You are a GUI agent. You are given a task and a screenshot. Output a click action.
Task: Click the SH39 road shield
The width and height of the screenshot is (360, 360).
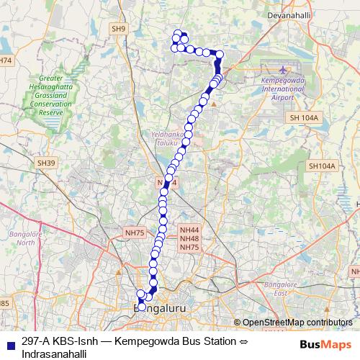[x=47, y=163]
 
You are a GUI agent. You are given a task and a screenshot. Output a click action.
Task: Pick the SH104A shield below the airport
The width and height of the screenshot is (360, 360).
[x=322, y=166]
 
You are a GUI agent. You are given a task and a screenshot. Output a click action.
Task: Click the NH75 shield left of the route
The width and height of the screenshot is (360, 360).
[x=135, y=233]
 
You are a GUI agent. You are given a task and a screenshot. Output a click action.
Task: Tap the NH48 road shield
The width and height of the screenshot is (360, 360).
[x=189, y=238]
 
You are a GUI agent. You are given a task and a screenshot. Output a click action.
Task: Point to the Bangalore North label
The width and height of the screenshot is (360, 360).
[x=25, y=238]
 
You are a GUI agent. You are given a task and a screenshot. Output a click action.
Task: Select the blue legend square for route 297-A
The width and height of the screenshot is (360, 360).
[x=9, y=343]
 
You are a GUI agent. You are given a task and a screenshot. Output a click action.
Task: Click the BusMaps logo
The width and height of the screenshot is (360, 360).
[x=326, y=344]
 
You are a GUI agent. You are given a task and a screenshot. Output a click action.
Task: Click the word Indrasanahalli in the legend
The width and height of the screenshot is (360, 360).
[x=54, y=354]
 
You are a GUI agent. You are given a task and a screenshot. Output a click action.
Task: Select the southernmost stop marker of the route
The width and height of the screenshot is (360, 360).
[x=142, y=307]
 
